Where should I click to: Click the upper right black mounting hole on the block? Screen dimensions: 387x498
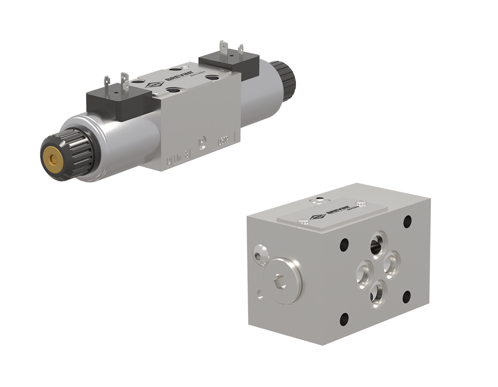point(408,221)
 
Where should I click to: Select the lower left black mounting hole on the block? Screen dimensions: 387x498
point(344,319)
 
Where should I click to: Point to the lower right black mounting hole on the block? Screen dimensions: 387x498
point(407,297)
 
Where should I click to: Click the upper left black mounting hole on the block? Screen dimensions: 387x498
point(344,243)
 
